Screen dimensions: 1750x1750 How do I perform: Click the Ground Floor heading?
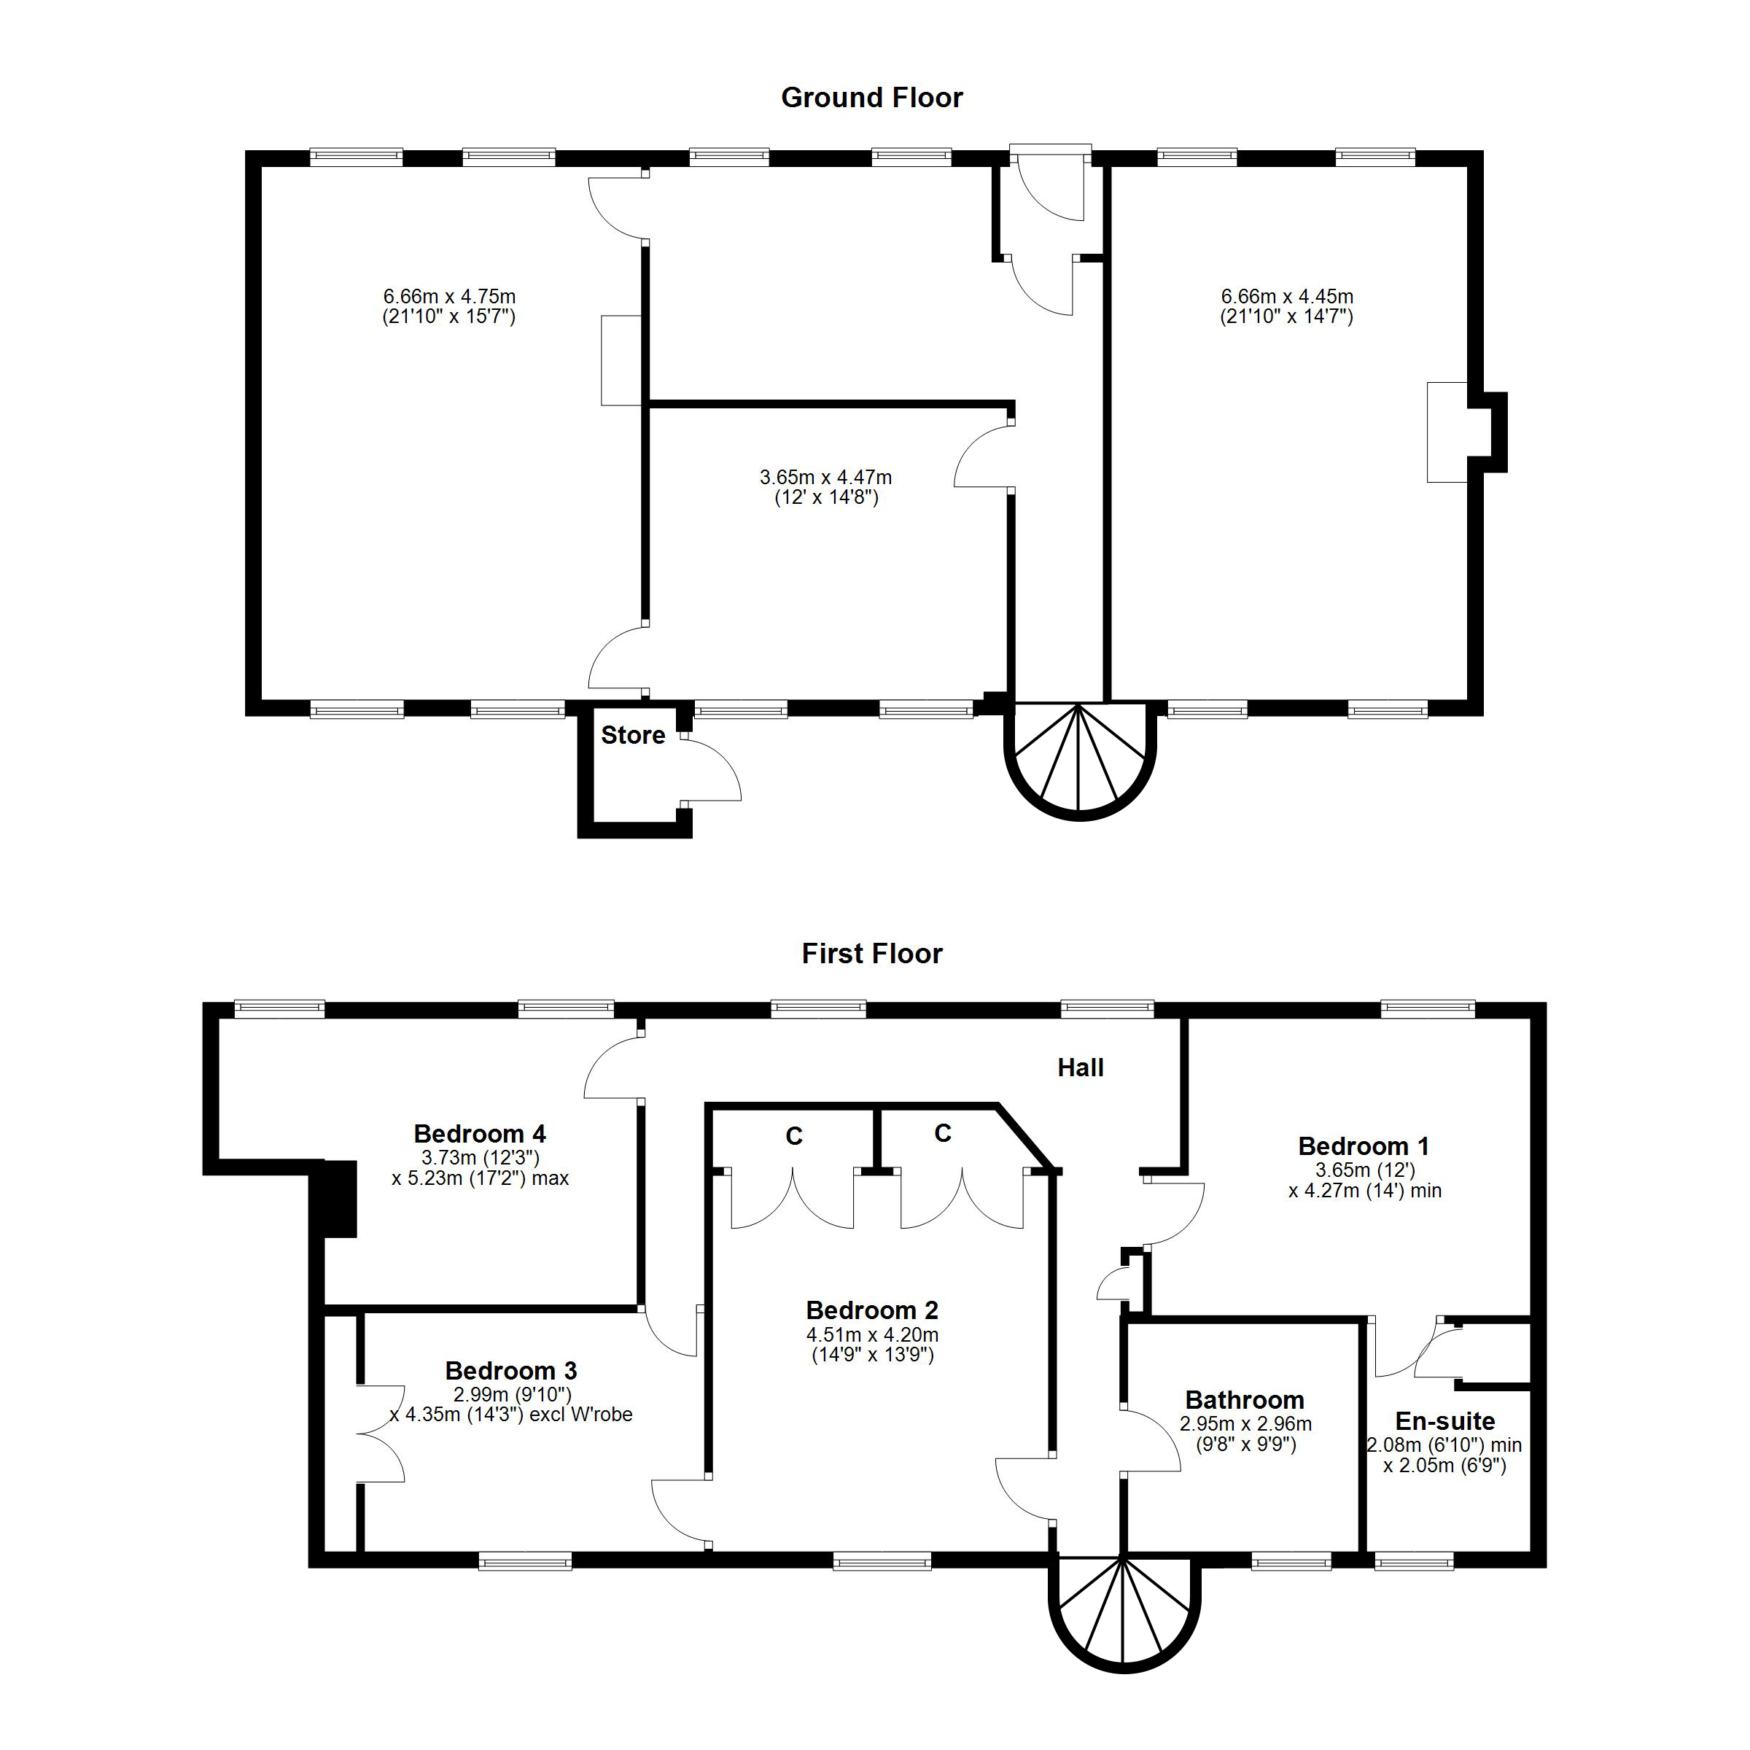click(871, 98)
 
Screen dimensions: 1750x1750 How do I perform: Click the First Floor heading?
click(871, 954)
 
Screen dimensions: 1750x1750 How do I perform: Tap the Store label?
click(632, 736)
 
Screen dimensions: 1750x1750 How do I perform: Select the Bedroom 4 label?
click(479, 1134)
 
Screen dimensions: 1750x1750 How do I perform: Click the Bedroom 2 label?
click(871, 1311)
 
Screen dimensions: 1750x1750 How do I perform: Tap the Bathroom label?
click(1245, 1400)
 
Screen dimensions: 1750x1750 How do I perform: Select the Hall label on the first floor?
click(1080, 1068)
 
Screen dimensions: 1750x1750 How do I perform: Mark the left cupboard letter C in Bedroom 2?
click(793, 1137)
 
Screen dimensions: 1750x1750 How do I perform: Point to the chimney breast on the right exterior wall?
click(1493, 432)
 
